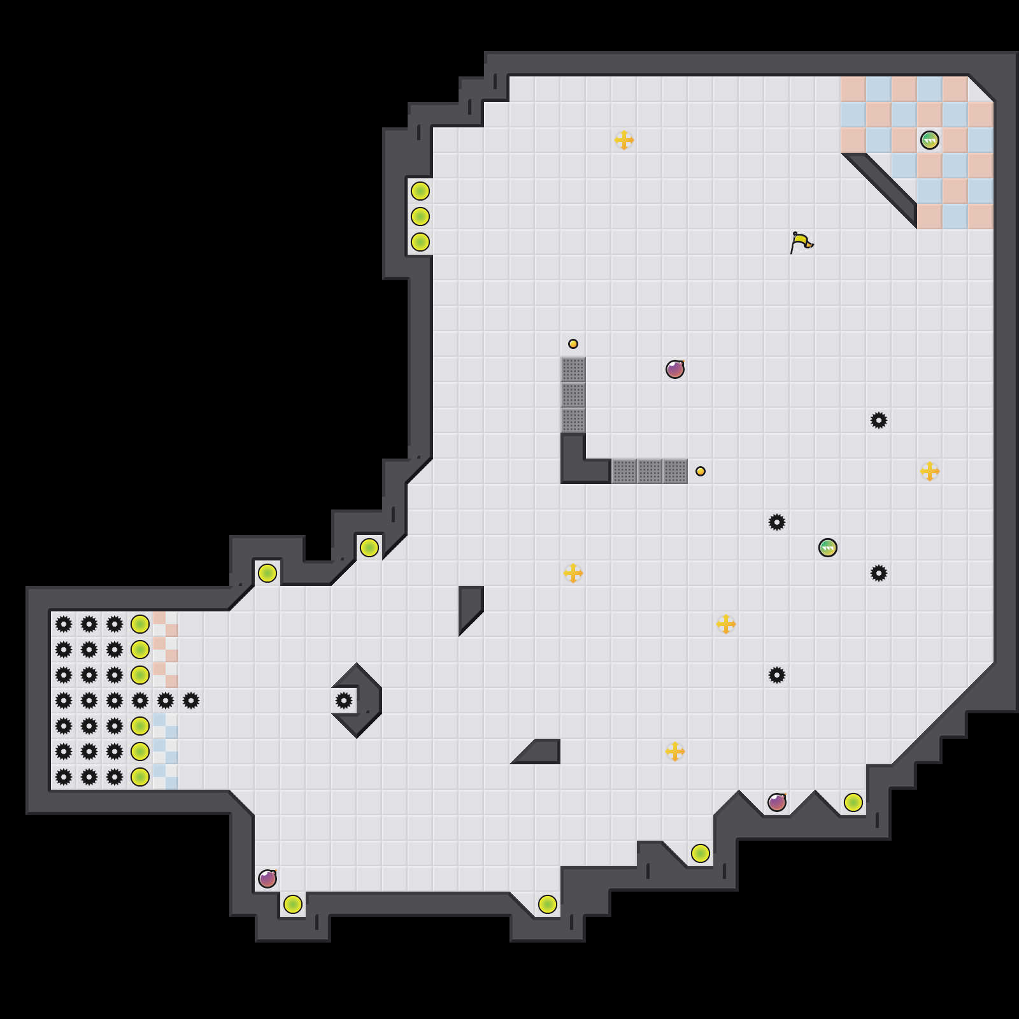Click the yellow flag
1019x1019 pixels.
[801, 242]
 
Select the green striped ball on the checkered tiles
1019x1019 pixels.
[930, 140]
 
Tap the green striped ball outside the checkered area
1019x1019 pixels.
[828, 548]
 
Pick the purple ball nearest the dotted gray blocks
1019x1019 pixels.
[675, 369]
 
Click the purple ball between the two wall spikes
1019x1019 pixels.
[777, 802]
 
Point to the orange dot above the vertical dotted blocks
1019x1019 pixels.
[573, 344]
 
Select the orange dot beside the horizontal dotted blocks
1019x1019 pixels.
[701, 471]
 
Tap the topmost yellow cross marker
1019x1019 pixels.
[624, 140]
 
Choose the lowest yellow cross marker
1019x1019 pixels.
[675, 752]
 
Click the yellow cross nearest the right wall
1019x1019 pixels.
[930, 471]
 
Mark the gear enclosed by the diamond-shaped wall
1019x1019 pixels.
[344, 701]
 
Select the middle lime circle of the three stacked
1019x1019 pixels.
[420, 217]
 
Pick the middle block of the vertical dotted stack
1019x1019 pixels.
[573, 395]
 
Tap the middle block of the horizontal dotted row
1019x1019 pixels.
[650, 471]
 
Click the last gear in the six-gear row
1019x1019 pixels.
[191, 701]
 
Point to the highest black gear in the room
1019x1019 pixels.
[879, 420]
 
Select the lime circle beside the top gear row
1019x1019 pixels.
[140, 624]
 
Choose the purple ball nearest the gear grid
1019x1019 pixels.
[267, 879]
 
